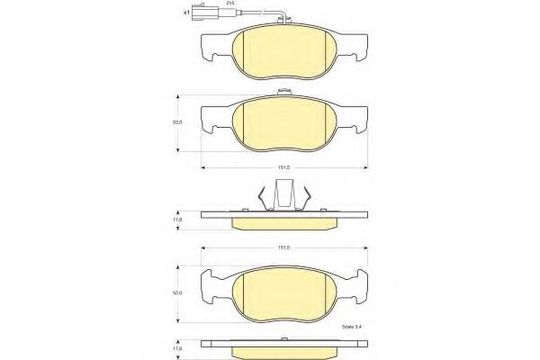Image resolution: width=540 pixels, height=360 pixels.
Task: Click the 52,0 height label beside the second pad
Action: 178,121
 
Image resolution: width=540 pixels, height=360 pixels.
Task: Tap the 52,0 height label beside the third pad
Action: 178,292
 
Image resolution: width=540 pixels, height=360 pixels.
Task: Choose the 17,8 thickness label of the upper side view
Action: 178,219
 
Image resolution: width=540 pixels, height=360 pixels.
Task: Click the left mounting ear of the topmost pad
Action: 212,44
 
